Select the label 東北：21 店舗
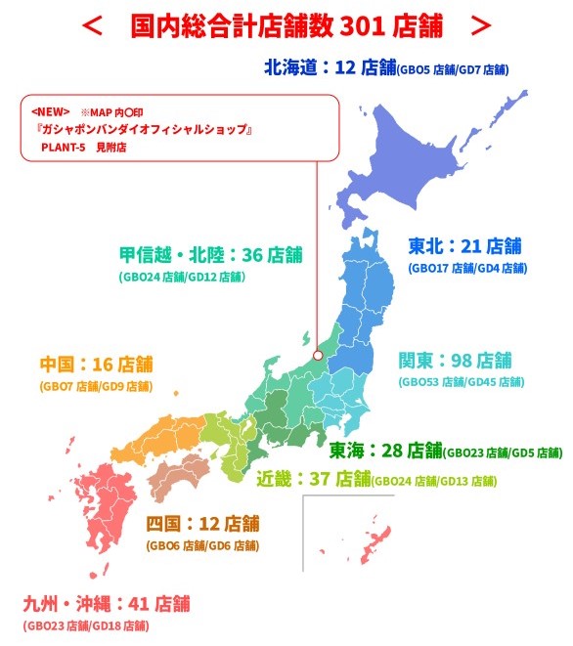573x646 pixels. (463, 245)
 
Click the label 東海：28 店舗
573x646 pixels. (384, 450)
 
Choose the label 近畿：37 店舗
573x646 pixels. (313, 478)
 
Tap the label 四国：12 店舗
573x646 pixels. (202, 522)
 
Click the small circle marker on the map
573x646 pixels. (317, 356)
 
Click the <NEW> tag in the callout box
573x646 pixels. (51, 110)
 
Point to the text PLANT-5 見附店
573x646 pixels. (83, 147)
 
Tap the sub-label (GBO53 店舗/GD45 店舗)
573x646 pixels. (461, 382)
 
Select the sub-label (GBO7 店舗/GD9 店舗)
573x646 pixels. (96, 386)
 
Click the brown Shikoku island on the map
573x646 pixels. (177, 475)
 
